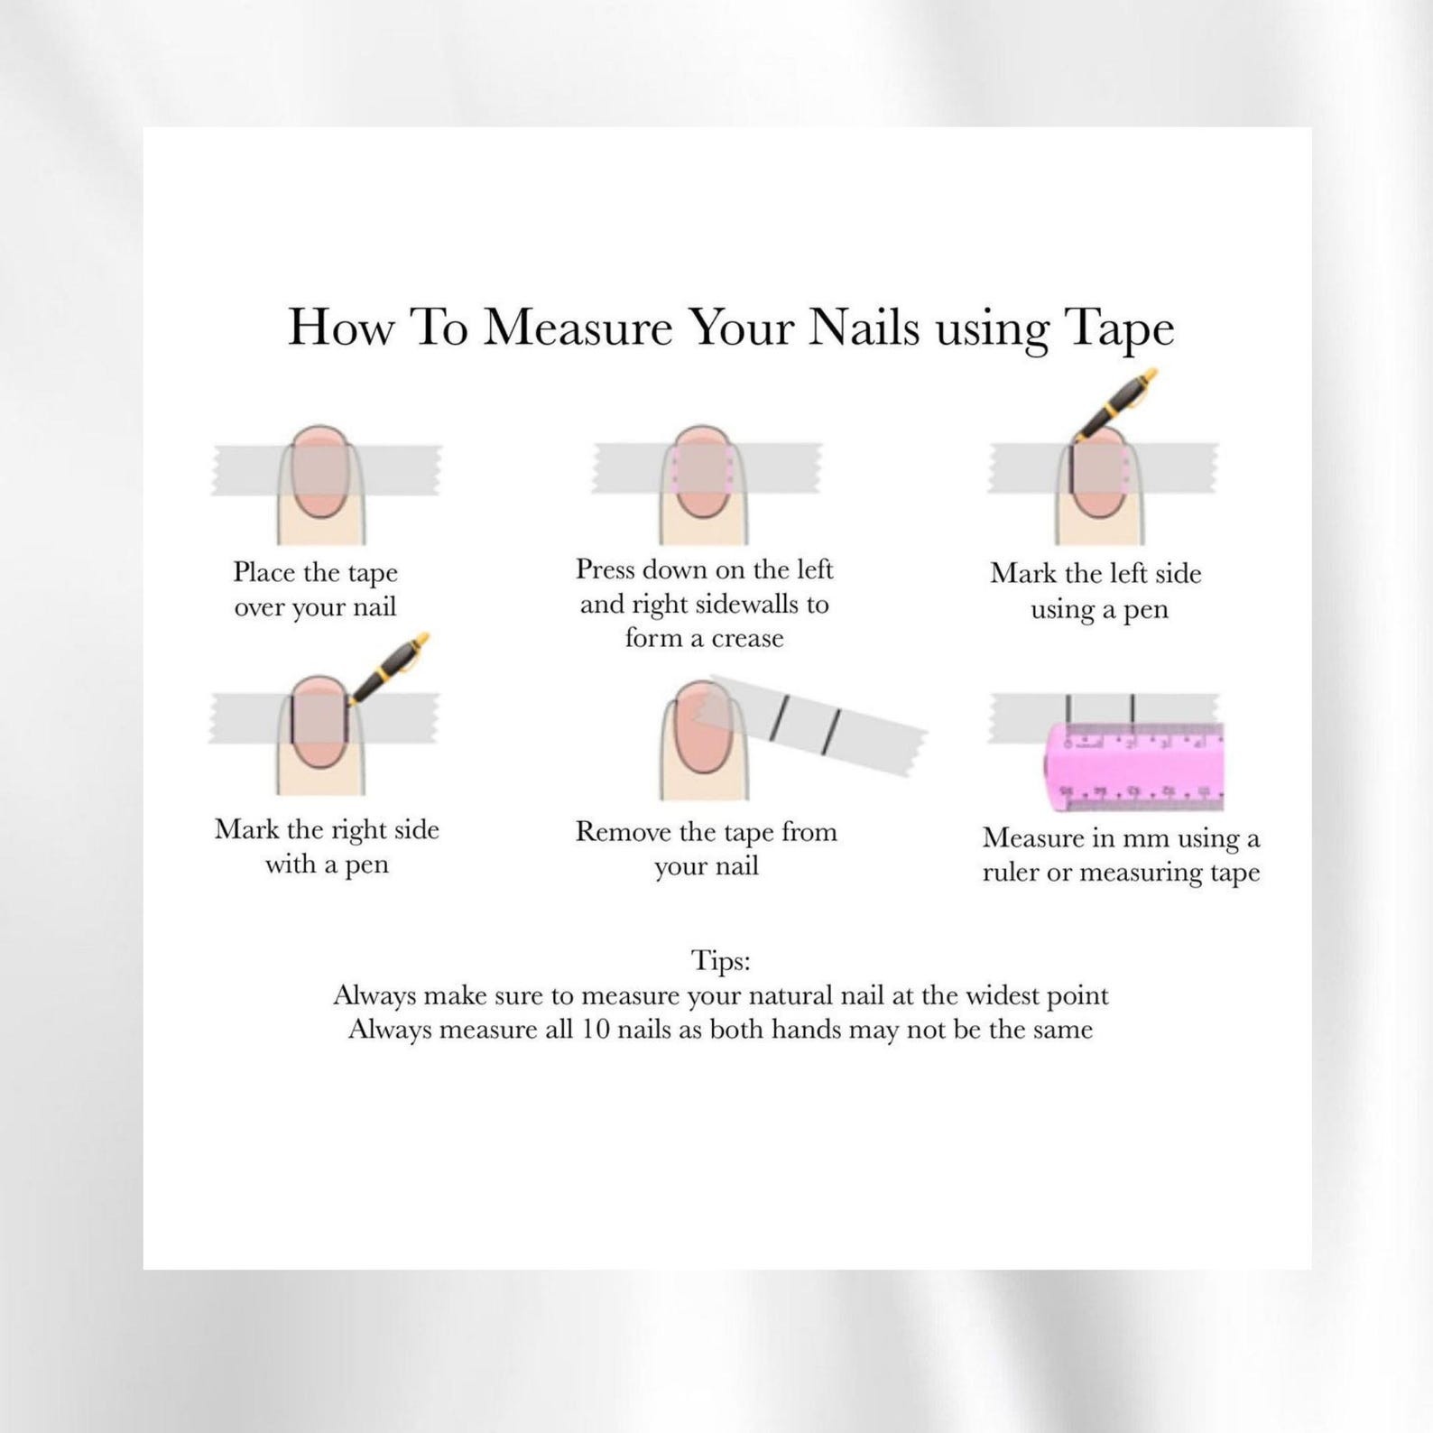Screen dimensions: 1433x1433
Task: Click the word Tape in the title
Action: point(1120,328)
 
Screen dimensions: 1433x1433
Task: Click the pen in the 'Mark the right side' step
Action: point(387,670)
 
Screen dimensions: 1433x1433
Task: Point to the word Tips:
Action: point(720,960)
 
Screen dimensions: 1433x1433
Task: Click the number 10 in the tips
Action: point(595,1030)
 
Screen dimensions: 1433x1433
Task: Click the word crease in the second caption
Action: point(747,639)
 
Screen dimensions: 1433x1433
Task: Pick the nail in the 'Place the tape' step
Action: point(320,473)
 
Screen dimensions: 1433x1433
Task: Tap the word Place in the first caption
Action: point(264,572)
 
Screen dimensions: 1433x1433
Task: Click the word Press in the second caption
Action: point(606,569)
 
